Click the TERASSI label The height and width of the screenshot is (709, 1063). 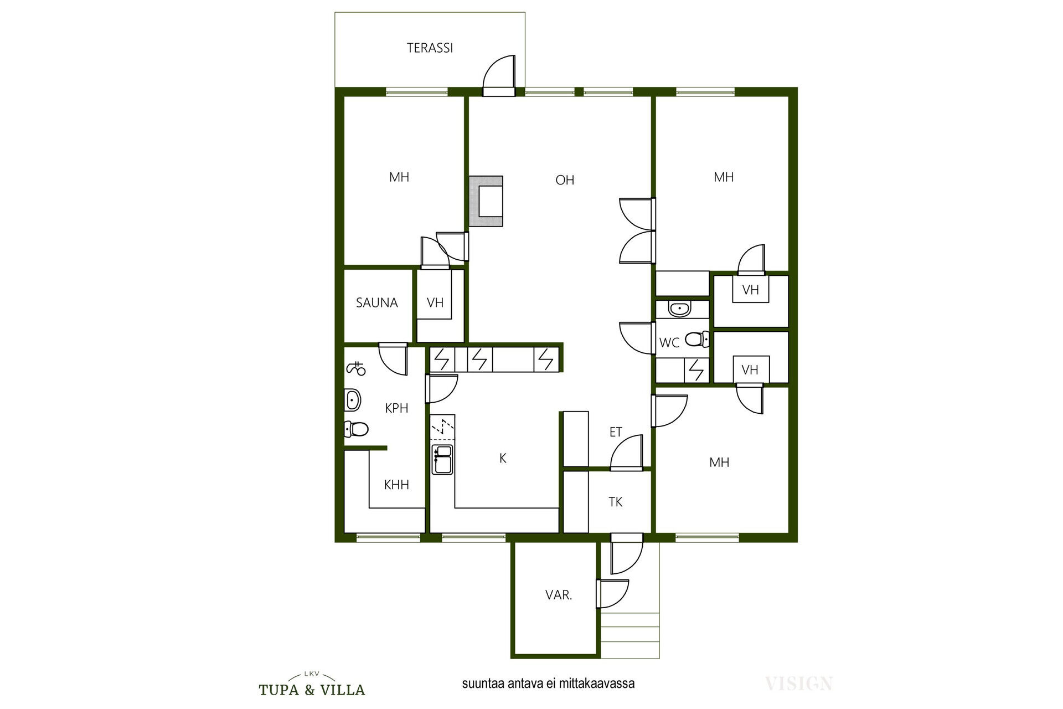430,48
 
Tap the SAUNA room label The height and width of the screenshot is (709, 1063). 376,303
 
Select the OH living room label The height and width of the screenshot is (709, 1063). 565,180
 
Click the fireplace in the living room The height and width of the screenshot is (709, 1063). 486,201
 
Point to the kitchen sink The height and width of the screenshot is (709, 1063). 442,459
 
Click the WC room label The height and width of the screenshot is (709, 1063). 669,343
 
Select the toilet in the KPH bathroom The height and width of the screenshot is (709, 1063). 356,429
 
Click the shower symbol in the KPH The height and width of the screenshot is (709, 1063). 356,368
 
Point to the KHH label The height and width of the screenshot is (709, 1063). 396,485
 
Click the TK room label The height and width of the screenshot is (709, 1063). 615,502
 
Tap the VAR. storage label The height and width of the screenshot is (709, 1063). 559,595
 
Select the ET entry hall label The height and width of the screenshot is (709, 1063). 616,432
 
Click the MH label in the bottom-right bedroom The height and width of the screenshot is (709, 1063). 719,462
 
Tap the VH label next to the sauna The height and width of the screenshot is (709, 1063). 435,303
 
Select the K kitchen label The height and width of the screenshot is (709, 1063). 503,458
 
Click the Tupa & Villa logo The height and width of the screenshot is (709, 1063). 312,684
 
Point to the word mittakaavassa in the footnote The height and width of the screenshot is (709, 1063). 597,684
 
